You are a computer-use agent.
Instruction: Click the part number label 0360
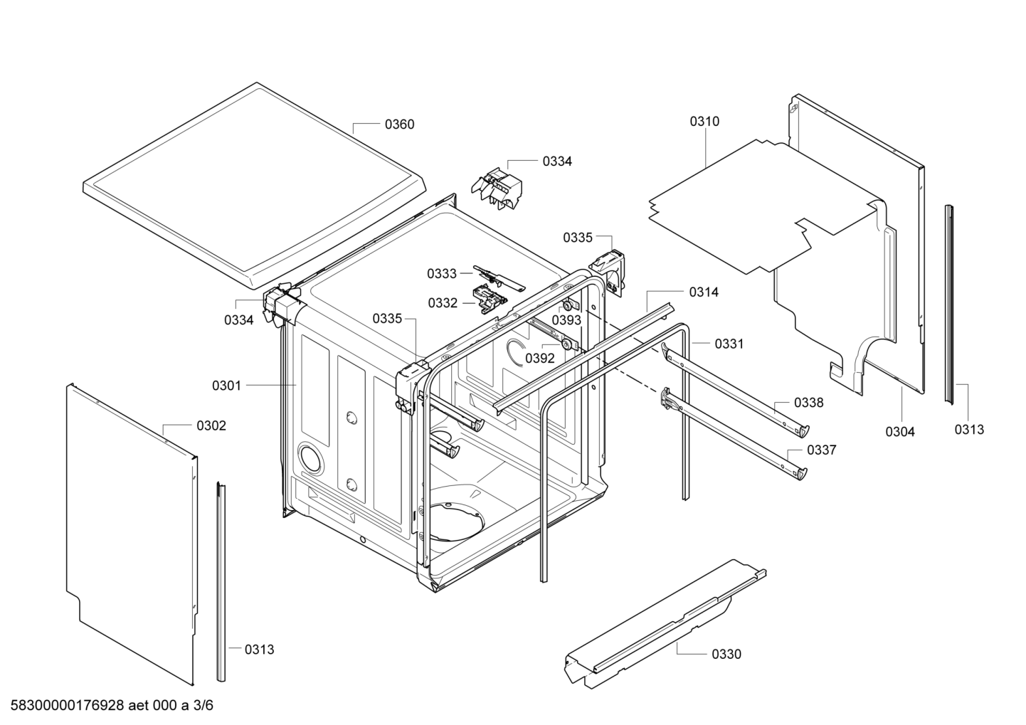coord(399,125)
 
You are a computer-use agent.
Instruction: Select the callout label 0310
coord(704,122)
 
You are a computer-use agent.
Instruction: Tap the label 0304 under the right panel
coord(900,431)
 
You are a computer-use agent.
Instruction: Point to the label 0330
coord(726,654)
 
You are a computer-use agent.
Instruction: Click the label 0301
coord(226,386)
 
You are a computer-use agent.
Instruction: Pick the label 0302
coord(211,425)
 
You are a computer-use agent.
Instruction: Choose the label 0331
coord(729,344)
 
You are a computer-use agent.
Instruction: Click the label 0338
coord(808,403)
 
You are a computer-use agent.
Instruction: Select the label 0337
coord(821,450)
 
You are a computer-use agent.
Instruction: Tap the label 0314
coord(703,292)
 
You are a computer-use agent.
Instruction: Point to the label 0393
coord(566,319)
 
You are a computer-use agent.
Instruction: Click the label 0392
coord(539,358)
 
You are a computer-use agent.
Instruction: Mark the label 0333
coord(442,273)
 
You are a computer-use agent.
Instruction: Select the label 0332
coord(443,303)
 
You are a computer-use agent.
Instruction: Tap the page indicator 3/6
coord(204,706)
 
